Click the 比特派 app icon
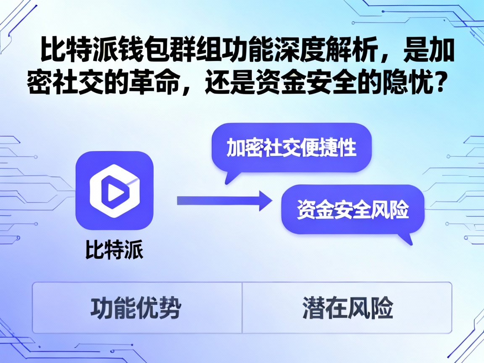tap(114, 190)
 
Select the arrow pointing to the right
tap(223, 200)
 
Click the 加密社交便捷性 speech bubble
tap(291, 148)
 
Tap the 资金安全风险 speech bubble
tap(352, 210)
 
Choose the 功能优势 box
tap(136, 308)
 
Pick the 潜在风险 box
tap(347, 308)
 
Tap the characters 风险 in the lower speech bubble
tap(390, 210)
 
